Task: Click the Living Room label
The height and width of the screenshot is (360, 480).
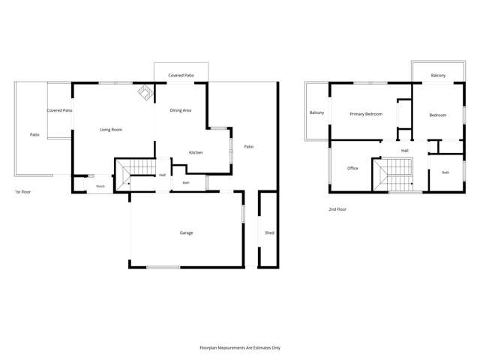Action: click(111, 130)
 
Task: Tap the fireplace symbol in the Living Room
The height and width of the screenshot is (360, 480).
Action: click(145, 92)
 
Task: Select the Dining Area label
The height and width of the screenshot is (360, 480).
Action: click(181, 110)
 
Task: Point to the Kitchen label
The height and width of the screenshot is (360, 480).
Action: click(196, 152)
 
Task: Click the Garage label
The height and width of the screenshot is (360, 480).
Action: click(187, 233)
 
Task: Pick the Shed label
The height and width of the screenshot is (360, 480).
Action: click(269, 233)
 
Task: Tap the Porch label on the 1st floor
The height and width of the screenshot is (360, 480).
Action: click(100, 186)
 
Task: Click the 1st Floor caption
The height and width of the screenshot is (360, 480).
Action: click(23, 192)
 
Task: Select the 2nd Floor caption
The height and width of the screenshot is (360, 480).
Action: click(337, 209)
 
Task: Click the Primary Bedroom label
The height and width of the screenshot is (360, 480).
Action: click(366, 114)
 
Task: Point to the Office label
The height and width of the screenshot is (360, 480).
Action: click(352, 168)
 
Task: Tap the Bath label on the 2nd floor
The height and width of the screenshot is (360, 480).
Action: click(445, 172)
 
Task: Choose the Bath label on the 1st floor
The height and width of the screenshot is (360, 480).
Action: click(186, 183)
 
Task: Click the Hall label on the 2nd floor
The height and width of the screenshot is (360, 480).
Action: click(405, 151)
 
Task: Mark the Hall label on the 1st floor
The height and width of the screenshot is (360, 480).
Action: click(162, 175)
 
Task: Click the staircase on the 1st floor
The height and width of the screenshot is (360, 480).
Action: click(136, 175)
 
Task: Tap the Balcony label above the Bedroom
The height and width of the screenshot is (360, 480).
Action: click(438, 75)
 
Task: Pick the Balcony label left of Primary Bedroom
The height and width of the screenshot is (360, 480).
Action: click(316, 112)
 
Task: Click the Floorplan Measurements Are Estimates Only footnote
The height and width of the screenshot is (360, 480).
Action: click(240, 348)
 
